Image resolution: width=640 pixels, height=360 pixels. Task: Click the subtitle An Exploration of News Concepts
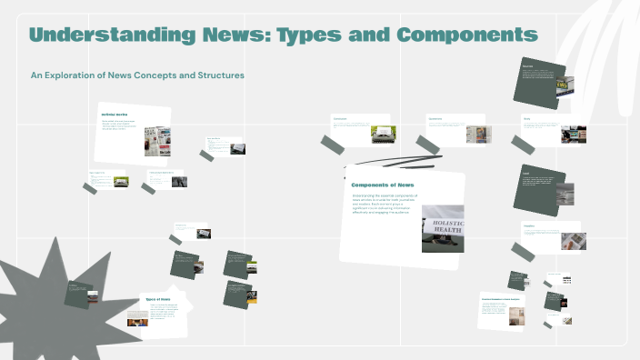(137, 75)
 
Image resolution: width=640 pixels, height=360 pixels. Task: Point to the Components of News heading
(382, 185)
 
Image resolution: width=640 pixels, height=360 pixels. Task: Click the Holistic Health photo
(443, 228)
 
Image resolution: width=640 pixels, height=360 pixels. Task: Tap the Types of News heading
(157, 299)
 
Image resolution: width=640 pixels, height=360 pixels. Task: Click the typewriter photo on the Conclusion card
(381, 134)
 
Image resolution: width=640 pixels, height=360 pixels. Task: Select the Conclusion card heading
(340, 119)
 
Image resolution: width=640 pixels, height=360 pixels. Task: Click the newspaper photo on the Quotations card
(478, 134)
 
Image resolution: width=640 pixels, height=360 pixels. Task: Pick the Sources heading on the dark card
(527, 66)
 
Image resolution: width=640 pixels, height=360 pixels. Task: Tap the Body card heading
(526, 118)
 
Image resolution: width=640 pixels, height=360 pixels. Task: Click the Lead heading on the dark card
(525, 173)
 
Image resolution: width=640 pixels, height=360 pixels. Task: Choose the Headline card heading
(529, 225)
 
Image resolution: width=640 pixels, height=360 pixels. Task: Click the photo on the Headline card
(573, 241)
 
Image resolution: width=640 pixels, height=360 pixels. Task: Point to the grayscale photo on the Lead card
(565, 193)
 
